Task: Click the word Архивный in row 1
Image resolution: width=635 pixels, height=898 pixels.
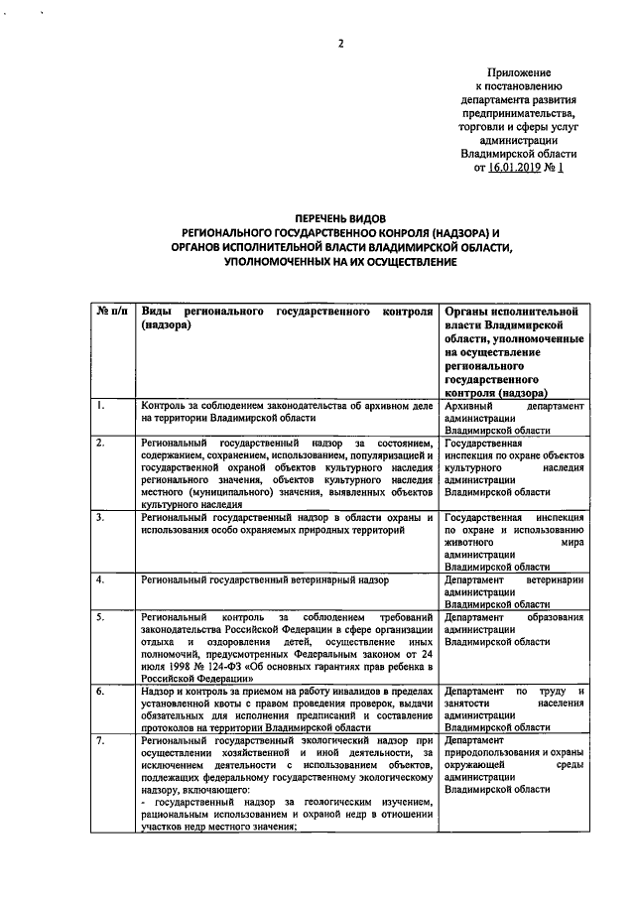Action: click(472, 406)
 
